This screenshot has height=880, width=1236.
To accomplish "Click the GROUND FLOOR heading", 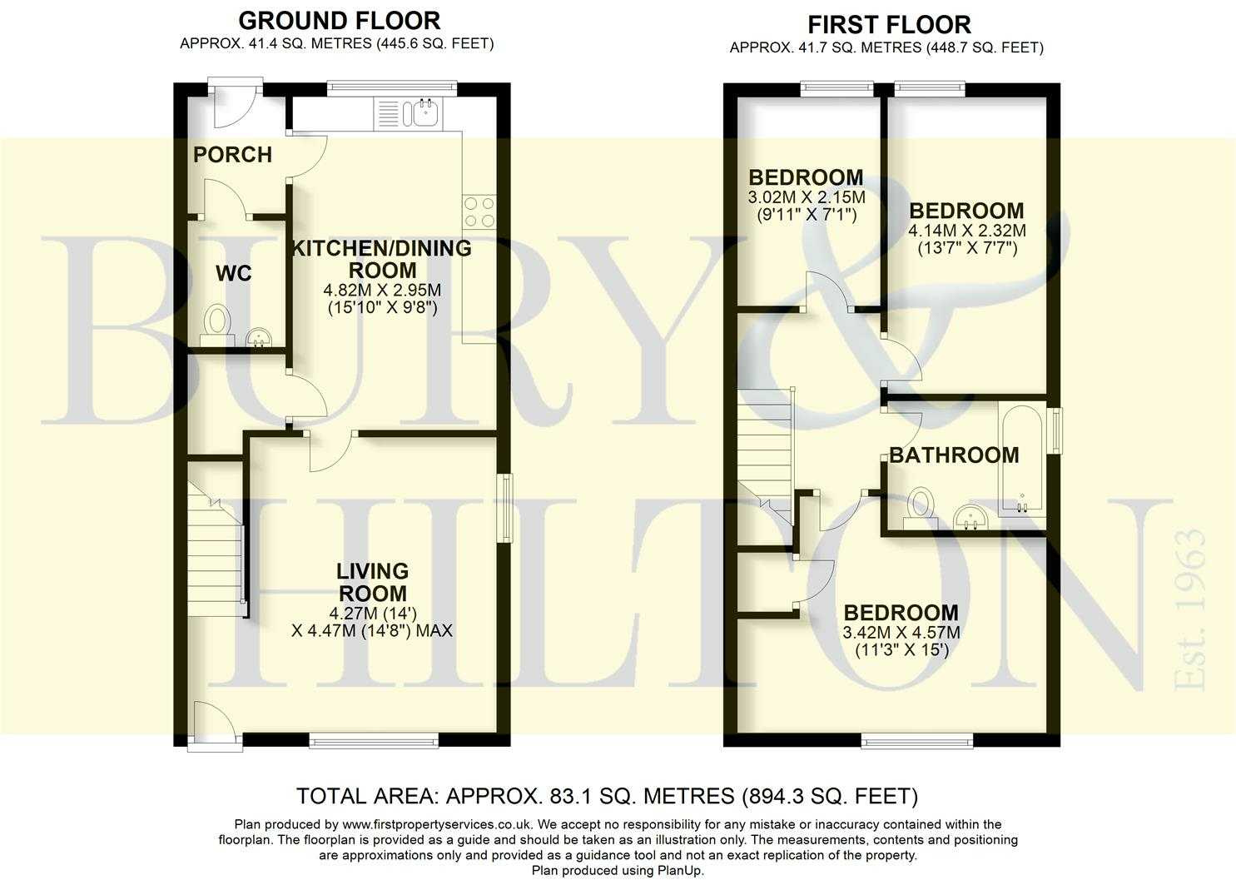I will (x=339, y=20).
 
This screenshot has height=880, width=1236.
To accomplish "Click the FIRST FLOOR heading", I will (x=889, y=24).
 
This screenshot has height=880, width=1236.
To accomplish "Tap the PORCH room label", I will (x=232, y=155).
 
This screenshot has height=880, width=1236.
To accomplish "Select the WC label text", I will (x=233, y=274).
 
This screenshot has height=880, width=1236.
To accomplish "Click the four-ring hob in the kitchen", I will (x=478, y=211).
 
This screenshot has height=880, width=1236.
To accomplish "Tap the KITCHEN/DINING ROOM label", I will (x=381, y=259).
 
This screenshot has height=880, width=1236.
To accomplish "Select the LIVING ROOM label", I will (x=372, y=583).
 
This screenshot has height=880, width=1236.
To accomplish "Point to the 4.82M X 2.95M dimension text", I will (x=382, y=291).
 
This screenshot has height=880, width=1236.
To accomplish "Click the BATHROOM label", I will (x=954, y=455).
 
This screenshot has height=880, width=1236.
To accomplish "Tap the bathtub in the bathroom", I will (x=1022, y=459).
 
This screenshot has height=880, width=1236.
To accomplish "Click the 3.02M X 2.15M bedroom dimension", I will (x=806, y=198).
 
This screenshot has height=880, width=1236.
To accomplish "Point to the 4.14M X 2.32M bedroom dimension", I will (x=966, y=231).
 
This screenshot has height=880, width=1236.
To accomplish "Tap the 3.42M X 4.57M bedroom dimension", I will (x=901, y=633).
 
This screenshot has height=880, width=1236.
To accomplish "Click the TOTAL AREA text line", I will (x=607, y=797).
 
